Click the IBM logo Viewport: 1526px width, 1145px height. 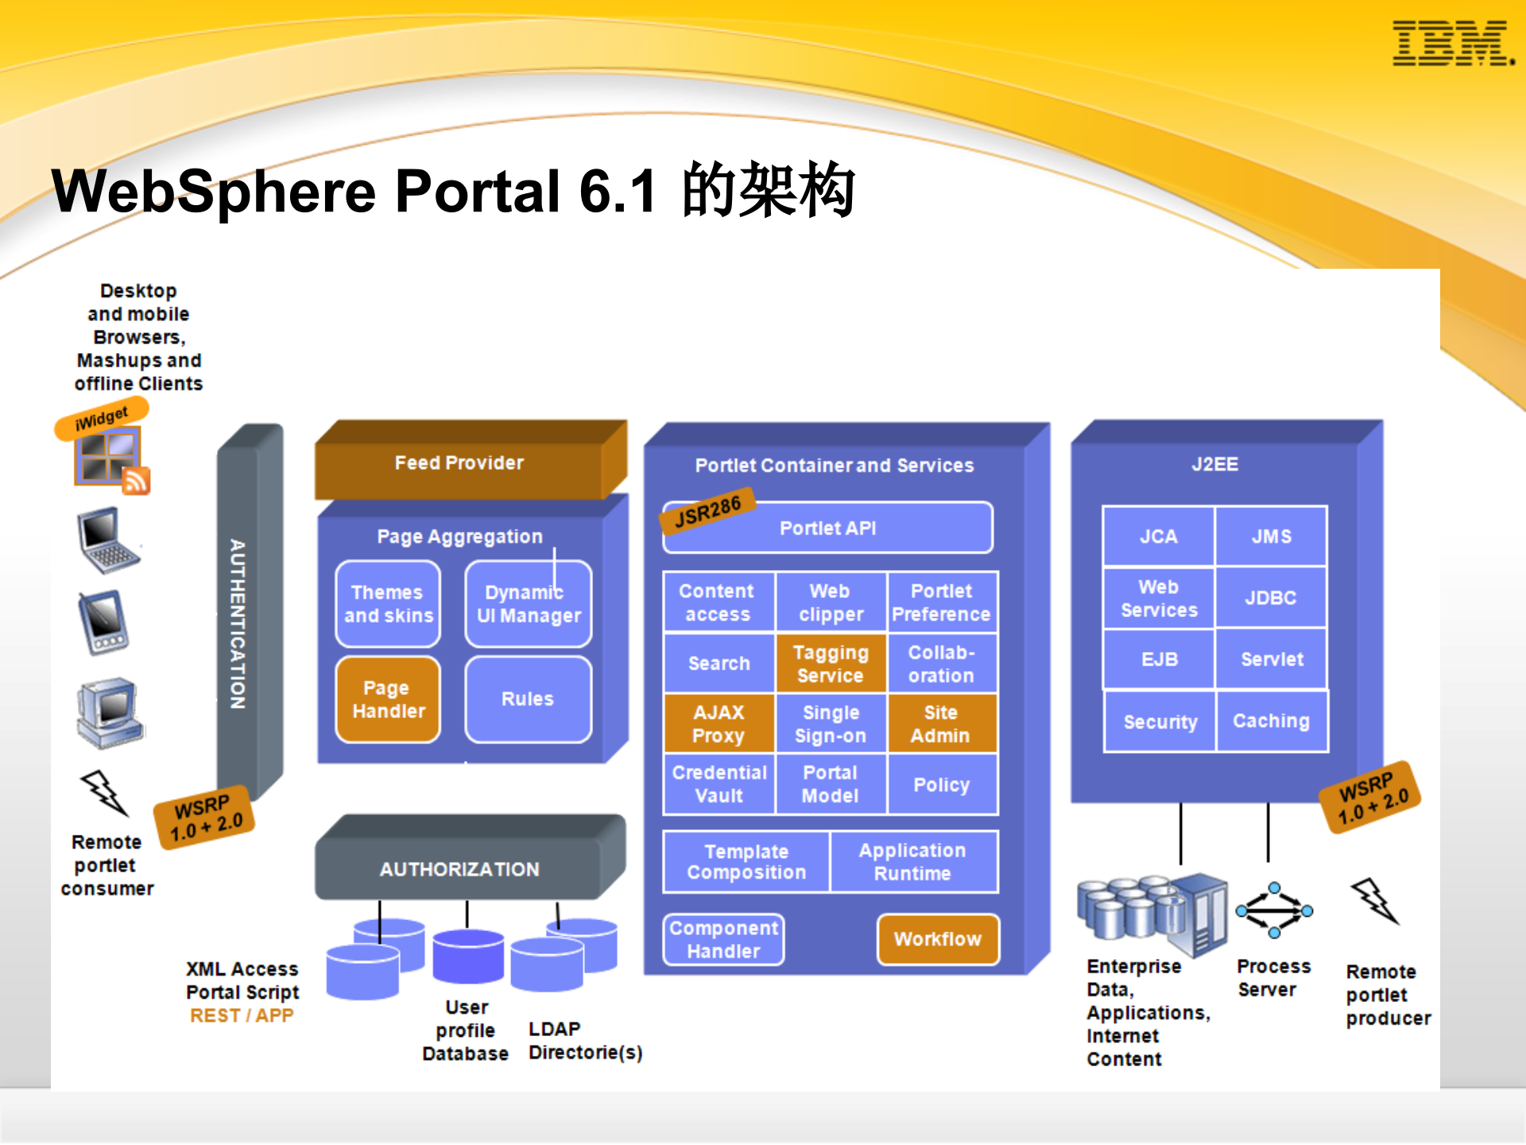tap(1452, 44)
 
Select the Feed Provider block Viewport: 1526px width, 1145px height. tap(459, 464)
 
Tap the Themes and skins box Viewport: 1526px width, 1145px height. tap(388, 604)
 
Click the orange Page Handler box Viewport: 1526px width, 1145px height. tap(388, 700)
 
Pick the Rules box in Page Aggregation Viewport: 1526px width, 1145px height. tap(528, 700)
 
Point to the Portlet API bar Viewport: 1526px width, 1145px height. tap(828, 529)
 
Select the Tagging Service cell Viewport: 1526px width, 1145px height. tap(831, 664)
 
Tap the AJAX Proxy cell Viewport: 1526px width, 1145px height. tap(718, 724)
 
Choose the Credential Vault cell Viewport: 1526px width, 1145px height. tap(718, 784)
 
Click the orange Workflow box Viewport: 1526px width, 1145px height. tap(938, 939)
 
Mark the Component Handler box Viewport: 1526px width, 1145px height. tap(723, 940)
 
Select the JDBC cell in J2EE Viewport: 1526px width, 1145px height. tap(1271, 598)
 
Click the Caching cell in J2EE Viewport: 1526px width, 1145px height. tap(1271, 721)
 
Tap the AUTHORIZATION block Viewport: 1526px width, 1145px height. tap(459, 869)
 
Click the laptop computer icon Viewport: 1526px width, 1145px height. tap(108, 541)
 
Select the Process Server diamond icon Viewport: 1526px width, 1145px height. tap(1274, 910)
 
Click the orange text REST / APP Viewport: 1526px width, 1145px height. tap(242, 1015)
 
